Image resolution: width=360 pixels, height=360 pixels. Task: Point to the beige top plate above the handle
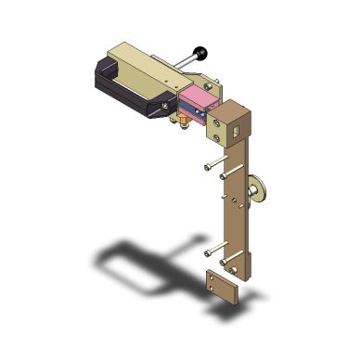point(139,54)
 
